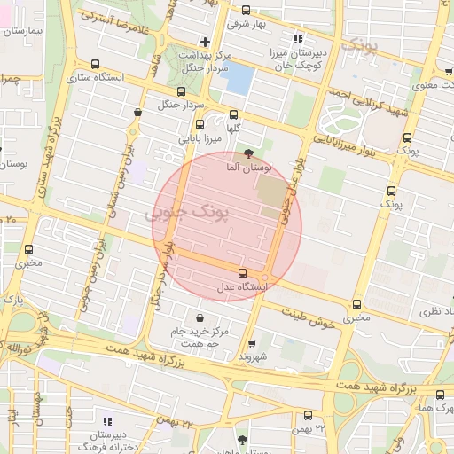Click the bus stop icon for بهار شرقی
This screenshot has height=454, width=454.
246,11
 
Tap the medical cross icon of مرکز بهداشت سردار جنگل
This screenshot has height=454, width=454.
205,42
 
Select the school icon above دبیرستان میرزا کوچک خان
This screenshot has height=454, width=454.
297,39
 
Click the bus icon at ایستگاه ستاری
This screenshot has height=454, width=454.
95,64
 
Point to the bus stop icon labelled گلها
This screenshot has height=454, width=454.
233,114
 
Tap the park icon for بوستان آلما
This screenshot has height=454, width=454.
260,153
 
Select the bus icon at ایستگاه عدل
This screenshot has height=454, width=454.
242,272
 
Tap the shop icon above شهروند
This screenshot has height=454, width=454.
252,342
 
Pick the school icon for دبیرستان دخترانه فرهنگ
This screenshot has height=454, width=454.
107,421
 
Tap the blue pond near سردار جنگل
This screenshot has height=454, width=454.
238,79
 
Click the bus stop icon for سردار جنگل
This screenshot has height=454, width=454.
182,90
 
